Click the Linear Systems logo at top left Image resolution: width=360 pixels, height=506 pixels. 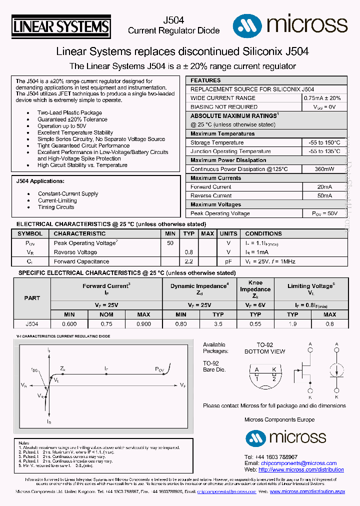60,26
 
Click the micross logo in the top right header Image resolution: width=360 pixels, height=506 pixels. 290,24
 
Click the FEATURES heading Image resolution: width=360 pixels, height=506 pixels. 205,80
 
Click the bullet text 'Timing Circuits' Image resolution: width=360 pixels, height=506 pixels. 56,207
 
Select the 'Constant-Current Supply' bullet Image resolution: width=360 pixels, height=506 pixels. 68,194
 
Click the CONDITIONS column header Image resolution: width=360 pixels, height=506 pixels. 263,233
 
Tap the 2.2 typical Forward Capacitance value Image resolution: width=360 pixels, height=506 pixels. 188,261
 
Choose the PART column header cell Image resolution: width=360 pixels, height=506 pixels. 32,298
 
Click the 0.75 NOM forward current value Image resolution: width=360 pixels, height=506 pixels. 106,323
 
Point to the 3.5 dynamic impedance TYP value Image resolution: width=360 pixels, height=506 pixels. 218,323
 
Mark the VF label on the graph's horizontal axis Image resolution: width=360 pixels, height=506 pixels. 183,385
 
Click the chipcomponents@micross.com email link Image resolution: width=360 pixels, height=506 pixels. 298,463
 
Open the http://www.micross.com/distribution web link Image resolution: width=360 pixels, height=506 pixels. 301,469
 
